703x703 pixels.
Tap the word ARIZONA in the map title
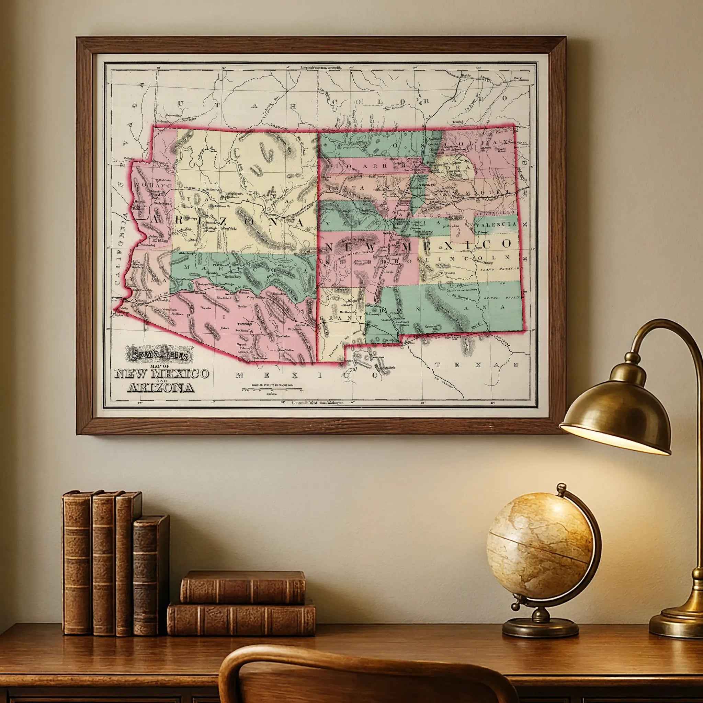click(x=160, y=388)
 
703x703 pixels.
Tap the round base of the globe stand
click(x=541, y=626)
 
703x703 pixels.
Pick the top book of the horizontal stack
click(x=243, y=587)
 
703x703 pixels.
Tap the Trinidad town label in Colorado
click(x=457, y=122)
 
